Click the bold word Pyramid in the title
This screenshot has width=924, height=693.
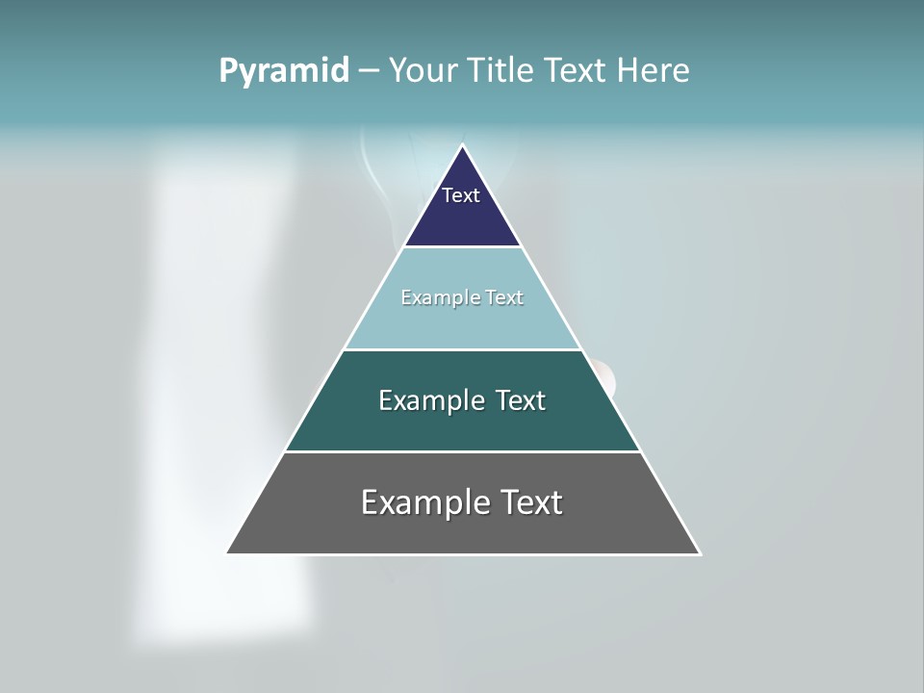(x=284, y=71)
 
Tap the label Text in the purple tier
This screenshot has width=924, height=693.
(x=461, y=195)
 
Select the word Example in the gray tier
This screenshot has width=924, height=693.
(x=423, y=502)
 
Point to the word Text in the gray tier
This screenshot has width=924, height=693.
(x=529, y=502)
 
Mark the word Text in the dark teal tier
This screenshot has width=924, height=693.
(x=520, y=400)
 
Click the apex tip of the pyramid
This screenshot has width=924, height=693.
(x=463, y=146)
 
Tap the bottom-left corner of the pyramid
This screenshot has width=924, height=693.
(x=228, y=552)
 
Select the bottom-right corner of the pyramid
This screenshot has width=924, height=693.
(x=699, y=553)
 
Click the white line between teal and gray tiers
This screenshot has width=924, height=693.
(x=462, y=451)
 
